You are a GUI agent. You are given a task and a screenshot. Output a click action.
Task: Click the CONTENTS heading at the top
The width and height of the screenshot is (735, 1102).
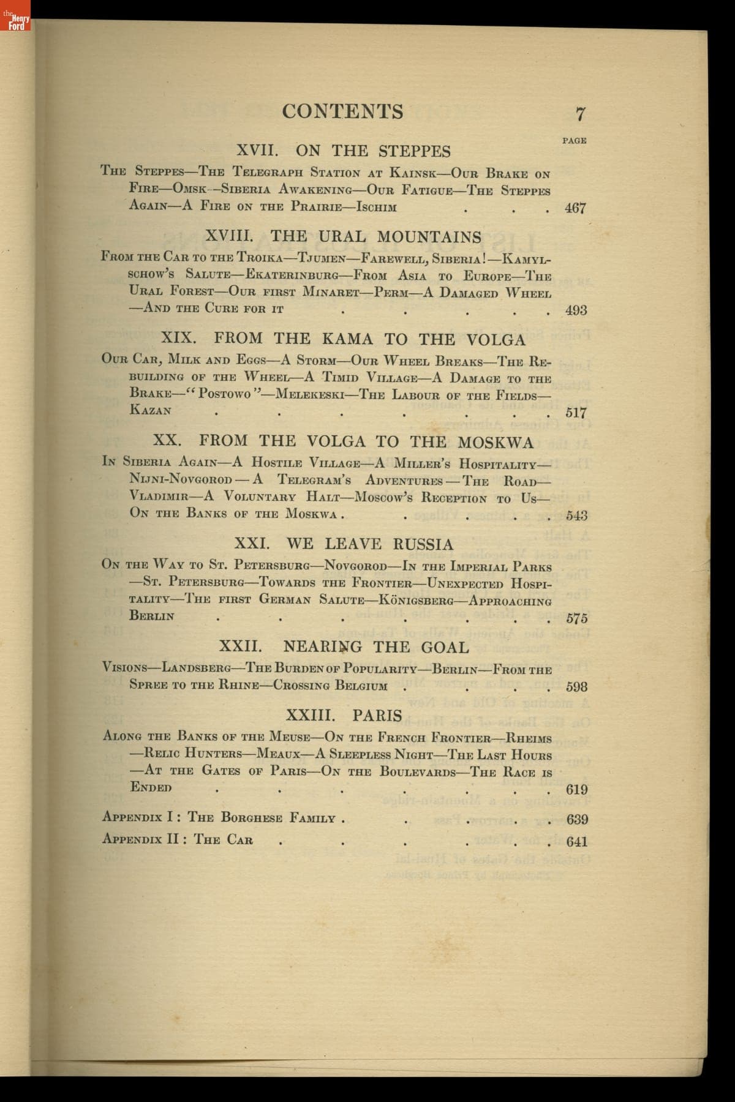point(342,111)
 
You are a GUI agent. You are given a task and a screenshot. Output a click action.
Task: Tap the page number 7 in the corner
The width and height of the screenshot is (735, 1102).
point(581,114)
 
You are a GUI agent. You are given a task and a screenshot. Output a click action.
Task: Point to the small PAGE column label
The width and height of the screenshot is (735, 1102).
point(574,141)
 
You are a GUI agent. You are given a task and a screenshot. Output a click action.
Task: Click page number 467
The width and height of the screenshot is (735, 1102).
point(575,208)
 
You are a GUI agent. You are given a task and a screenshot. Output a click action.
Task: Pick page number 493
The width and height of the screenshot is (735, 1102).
point(576,310)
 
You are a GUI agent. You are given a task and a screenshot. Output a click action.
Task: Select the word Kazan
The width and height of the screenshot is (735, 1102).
point(151,410)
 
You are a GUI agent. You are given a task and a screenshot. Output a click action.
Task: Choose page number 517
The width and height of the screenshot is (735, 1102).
point(576,412)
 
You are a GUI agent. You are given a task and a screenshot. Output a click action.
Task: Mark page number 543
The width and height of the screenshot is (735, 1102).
point(576,515)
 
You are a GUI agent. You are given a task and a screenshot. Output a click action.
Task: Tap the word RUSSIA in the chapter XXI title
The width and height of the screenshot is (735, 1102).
point(423,544)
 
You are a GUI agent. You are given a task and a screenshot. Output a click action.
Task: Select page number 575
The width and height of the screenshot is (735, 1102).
point(576,618)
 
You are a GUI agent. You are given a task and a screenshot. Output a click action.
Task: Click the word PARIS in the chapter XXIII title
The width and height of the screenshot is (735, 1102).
point(377,715)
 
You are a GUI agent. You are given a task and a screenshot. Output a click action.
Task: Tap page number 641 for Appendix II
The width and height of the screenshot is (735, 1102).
point(576,841)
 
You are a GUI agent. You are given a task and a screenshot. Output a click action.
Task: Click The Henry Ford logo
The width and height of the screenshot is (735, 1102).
point(15,23)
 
